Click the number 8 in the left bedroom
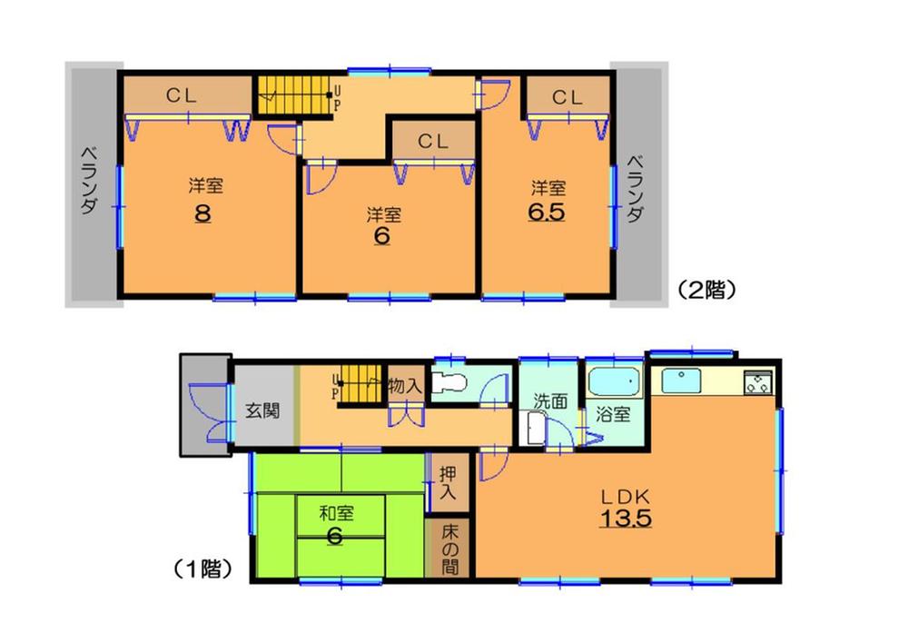click(202, 214)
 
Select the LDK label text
click(624, 497)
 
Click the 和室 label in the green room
click(335, 513)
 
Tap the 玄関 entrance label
click(262, 410)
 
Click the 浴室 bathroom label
click(613, 413)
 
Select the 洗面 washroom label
click(549, 399)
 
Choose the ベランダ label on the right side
click(637, 188)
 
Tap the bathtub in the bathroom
click(615, 381)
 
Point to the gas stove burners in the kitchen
click(758, 382)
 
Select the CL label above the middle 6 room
click(433, 142)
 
